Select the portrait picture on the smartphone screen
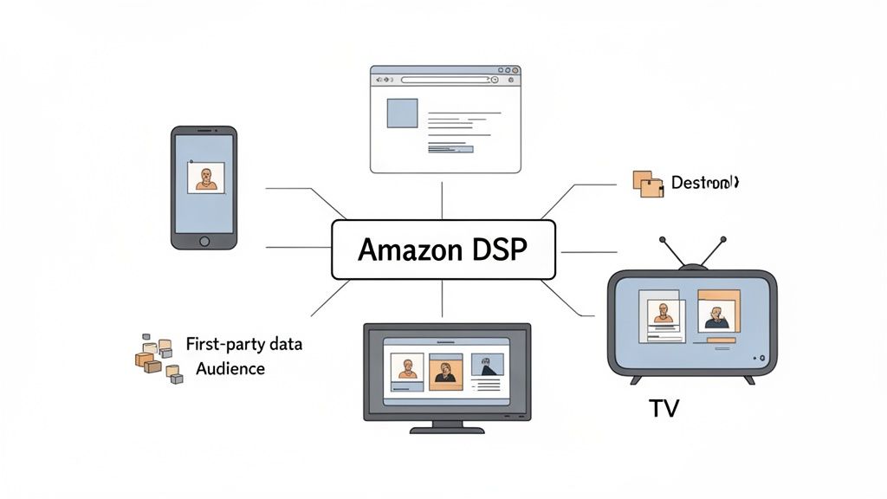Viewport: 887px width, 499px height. (205, 178)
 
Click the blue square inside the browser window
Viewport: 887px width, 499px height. (402, 113)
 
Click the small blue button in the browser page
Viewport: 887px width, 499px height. (450, 149)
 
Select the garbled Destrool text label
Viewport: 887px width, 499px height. (703, 183)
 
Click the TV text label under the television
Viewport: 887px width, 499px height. (664, 408)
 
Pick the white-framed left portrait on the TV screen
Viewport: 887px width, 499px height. (663, 314)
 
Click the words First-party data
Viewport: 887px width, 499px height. (244, 344)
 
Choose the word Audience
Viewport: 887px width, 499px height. (230, 368)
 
